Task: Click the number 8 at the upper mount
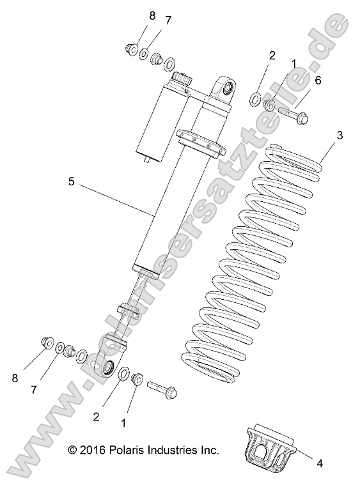tap(152, 16)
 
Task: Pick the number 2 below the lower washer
tap(96, 416)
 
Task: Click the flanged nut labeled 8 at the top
tap(132, 48)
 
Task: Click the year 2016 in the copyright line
tap(95, 451)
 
